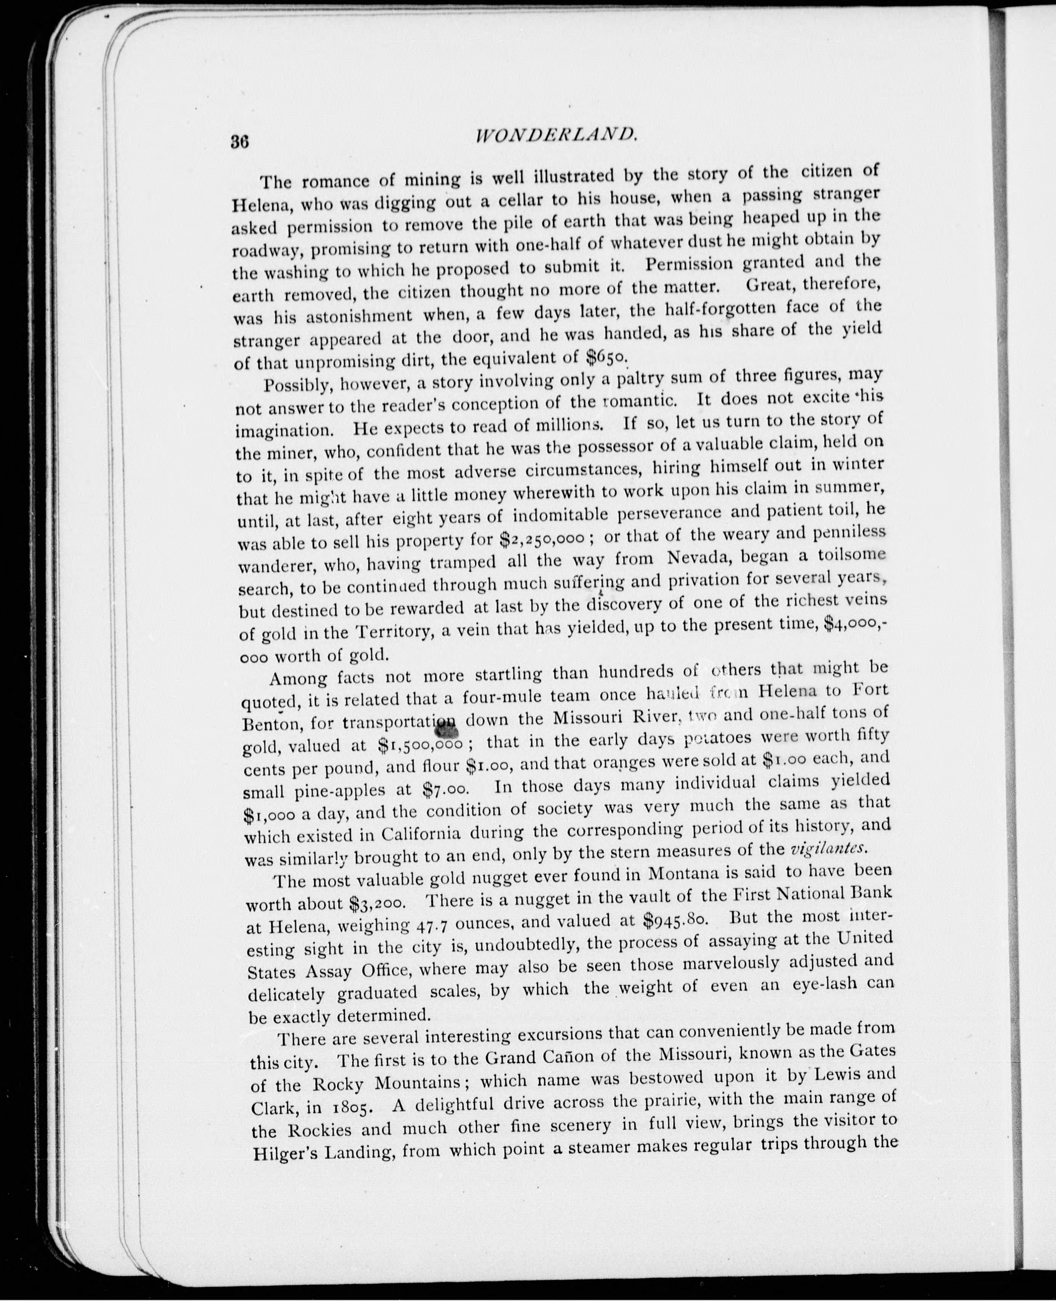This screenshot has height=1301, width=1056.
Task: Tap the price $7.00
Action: pos(444,789)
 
